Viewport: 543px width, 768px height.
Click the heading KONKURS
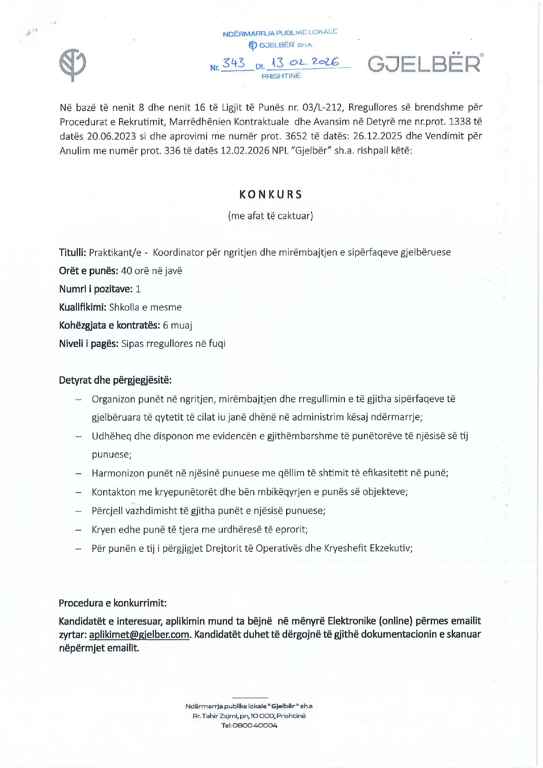pos(271,195)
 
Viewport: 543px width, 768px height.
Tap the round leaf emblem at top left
pos(73,64)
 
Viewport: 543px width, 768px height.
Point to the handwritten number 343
pos(234,63)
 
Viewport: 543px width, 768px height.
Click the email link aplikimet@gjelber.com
pos(139,635)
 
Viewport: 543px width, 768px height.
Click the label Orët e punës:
pos(88,271)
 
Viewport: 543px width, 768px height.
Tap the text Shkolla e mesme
pos(145,307)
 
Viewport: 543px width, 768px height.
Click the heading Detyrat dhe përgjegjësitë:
pos(115,380)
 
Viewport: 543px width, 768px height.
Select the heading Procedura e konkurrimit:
pos(112,603)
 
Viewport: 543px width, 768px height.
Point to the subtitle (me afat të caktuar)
pos(270,216)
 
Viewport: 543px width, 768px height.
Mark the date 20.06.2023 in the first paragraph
pos(112,136)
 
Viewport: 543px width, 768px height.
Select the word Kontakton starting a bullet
pos(113,492)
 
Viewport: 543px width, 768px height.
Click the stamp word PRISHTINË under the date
pos(281,76)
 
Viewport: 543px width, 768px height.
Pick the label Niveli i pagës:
pos(88,344)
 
